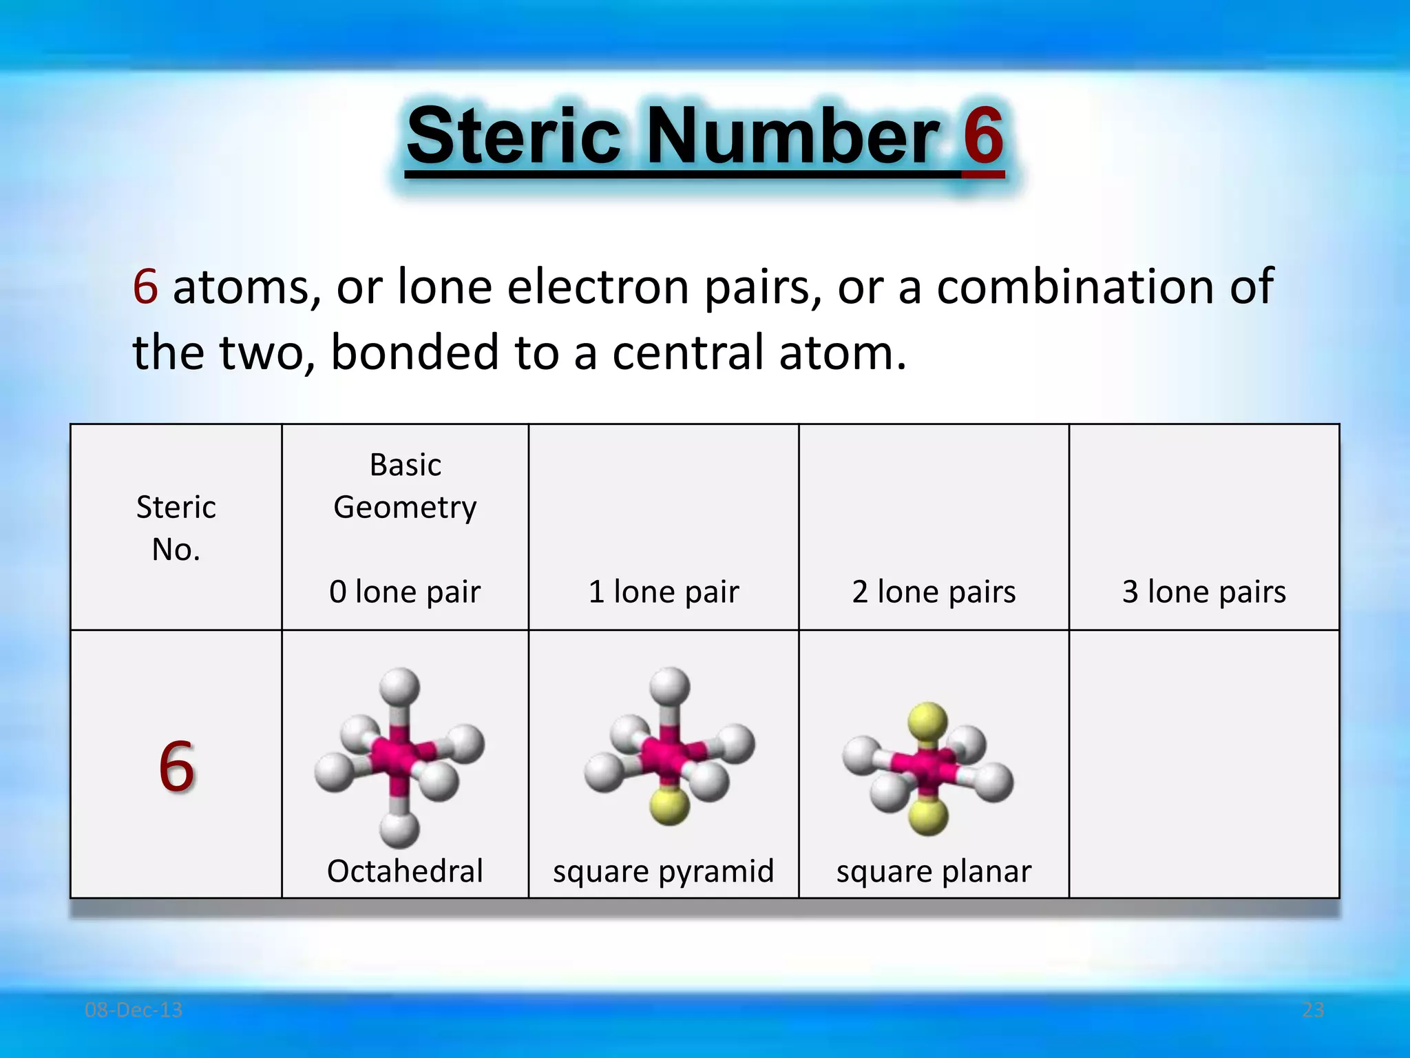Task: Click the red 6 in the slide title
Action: pos(982,136)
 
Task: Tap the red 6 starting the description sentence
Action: pos(145,287)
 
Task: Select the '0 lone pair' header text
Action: pos(405,592)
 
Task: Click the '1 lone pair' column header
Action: pos(664,592)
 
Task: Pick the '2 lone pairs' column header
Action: pos(934,592)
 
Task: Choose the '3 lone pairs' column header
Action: pos(1204,592)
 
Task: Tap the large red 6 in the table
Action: pos(176,766)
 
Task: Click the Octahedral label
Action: pos(405,871)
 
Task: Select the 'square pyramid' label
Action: pos(664,871)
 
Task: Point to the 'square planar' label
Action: pos(934,871)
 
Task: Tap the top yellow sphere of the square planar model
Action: pos(927,720)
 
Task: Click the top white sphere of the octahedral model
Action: pos(399,686)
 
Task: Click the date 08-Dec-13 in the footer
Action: pos(134,1010)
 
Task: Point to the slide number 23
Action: pos(1313,1010)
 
